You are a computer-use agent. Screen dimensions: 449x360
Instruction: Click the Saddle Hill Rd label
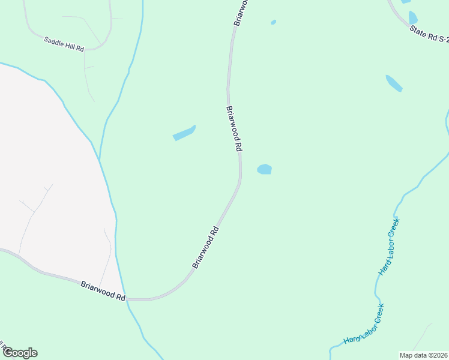click(64, 44)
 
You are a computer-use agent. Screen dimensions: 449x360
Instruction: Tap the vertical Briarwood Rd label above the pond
click(234, 128)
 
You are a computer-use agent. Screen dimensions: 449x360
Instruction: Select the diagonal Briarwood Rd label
click(205, 247)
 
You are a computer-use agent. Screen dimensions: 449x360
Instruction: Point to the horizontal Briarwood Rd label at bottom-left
click(103, 289)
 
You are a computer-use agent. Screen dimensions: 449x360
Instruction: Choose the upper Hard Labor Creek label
click(389, 246)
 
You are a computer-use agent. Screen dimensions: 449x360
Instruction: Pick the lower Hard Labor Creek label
click(364, 325)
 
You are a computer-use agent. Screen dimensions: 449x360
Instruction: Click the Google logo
click(20, 353)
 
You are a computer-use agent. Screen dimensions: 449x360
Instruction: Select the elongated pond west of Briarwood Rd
click(184, 133)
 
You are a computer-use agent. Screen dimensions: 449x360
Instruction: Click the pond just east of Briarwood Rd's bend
click(265, 169)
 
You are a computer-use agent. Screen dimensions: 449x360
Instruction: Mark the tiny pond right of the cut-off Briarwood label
click(274, 22)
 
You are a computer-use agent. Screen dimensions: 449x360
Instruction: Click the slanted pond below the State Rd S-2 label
click(394, 83)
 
